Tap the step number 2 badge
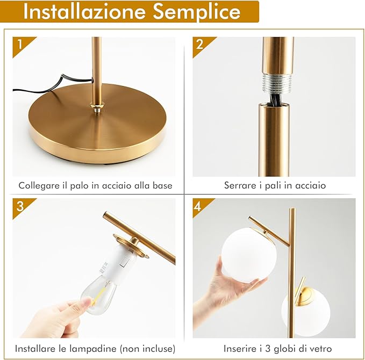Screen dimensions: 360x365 200,45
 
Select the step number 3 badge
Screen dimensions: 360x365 20,206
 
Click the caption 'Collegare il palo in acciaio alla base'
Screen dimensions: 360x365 95,185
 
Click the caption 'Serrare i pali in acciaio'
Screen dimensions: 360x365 275,185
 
